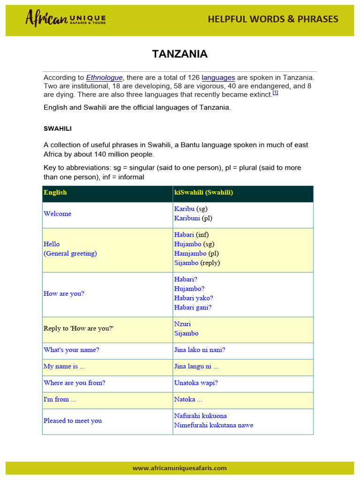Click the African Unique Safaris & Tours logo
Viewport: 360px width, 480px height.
point(65,19)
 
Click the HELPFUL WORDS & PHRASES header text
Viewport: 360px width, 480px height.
point(273,19)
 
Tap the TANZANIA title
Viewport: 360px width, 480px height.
point(180,54)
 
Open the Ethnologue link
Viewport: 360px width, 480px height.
point(104,77)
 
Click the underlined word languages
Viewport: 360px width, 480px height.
point(218,77)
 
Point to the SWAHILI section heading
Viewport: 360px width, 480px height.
point(58,128)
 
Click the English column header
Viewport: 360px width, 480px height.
point(55,192)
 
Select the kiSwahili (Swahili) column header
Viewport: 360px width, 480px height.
point(203,192)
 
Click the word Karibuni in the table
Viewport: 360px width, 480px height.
point(187,218)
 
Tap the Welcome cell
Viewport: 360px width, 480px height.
point(58,214)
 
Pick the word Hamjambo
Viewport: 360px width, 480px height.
point(190,254)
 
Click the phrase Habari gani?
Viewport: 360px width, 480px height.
point(193,307)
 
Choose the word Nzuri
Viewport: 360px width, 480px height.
point(182,324)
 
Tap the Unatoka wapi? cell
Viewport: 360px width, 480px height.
point(196,383)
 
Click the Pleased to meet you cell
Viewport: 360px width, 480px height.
point(73,421)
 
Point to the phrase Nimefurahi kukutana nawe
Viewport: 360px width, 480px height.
point(213,426)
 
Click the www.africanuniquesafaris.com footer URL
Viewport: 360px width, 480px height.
point(180,468)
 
